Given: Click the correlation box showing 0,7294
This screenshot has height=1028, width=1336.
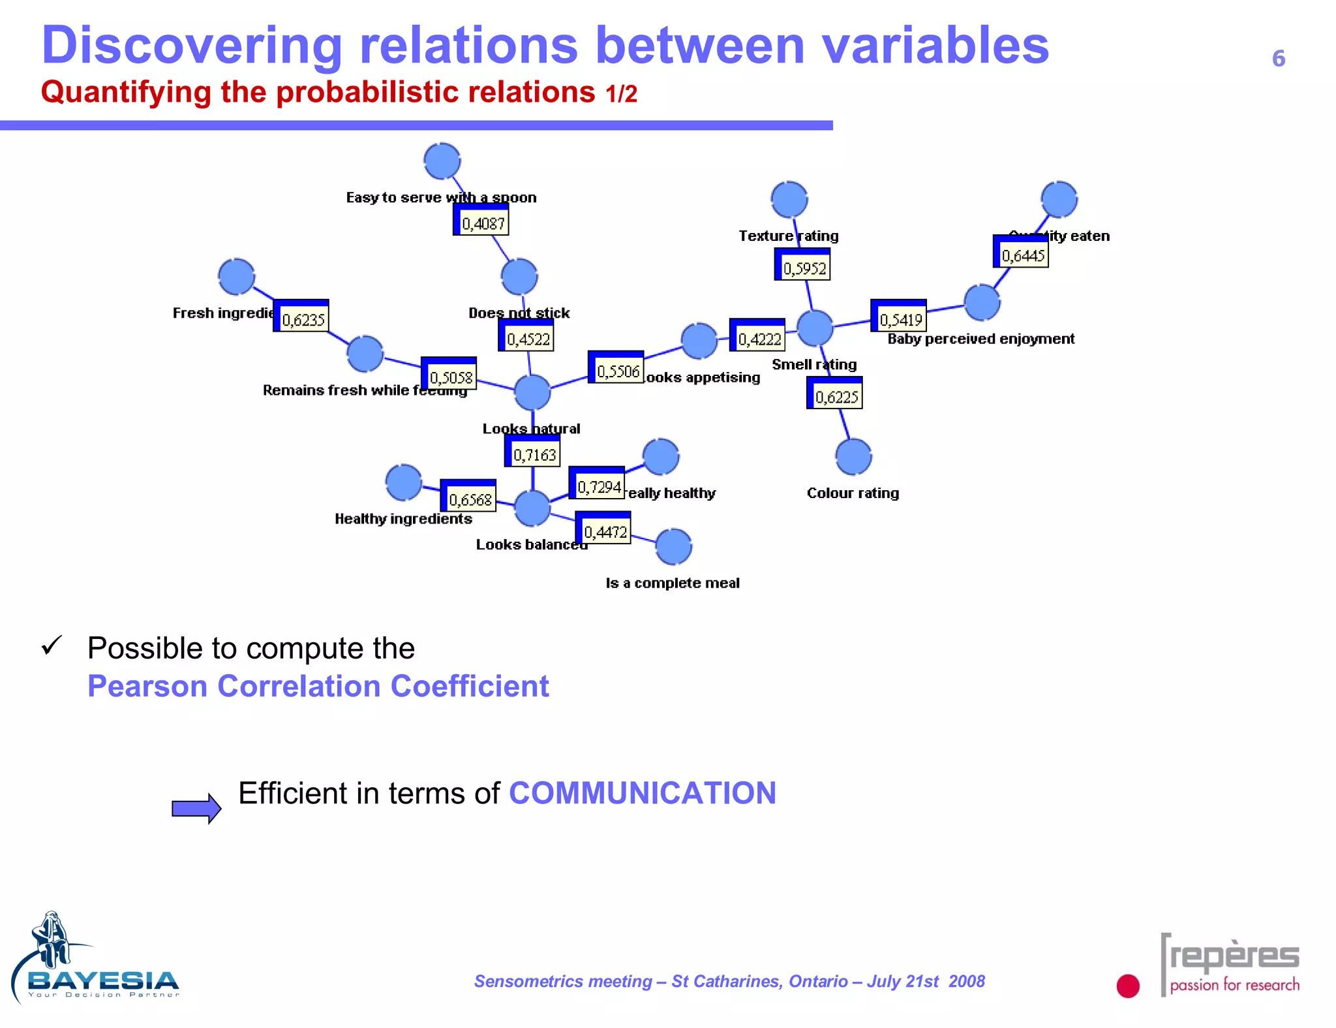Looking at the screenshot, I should tap(598, 484).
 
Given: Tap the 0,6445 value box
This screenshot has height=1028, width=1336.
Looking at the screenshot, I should tap(1021, 253).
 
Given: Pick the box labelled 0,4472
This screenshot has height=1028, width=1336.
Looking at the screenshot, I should tap(603, 529).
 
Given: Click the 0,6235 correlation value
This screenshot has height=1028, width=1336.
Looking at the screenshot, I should tap(301, 317).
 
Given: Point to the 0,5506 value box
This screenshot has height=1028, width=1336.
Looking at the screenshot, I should tap(616, 368).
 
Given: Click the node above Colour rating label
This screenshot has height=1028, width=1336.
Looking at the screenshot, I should tap(853, 457).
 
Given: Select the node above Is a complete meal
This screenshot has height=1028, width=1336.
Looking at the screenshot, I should tap(673, 547).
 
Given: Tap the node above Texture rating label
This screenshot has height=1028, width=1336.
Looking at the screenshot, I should tap(789, 200).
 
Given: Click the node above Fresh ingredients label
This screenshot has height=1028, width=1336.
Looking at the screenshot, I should tap(237, 277).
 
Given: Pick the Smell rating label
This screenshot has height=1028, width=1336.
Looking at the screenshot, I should tap(814, 365).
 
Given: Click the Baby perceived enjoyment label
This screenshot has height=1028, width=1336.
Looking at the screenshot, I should tap(980, 339).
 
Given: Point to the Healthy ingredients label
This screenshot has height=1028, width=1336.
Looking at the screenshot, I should tap(403, 520).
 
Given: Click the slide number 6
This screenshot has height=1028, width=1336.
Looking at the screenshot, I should tap(1278, 59).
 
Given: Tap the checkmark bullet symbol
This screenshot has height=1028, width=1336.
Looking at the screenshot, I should tap(52, 646).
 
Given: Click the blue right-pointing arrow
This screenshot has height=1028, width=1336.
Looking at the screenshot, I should tap(196, 809).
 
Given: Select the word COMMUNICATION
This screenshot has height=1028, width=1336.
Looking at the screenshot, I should tap(642, 794).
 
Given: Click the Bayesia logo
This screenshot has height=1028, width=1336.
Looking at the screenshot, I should tap(95, 959).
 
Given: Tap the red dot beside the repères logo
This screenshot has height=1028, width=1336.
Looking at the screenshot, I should tap(1128, 986).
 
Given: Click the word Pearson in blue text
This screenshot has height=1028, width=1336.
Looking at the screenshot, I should tap(147, 687).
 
